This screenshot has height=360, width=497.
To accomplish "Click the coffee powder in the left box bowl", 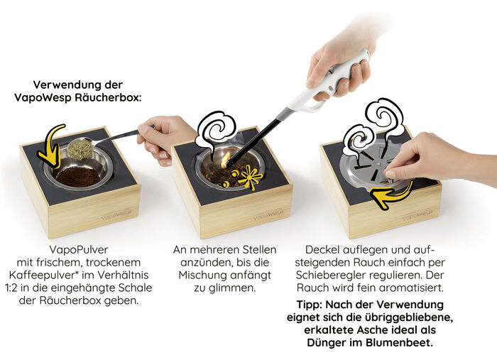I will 78,175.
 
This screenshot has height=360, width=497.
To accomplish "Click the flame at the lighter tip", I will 226,160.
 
